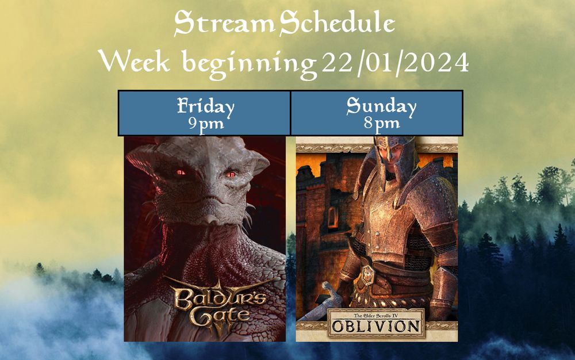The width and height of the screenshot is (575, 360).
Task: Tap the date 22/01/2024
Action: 395,62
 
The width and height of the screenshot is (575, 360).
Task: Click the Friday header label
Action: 205,106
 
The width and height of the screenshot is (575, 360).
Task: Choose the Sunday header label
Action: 381,106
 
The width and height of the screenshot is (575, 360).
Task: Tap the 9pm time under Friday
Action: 205,123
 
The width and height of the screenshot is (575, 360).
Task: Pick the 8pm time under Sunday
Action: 381,123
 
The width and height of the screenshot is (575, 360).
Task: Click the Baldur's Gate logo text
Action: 213,305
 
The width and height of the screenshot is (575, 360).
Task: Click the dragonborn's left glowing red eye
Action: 181,172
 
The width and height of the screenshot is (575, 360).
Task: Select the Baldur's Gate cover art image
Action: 205,239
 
